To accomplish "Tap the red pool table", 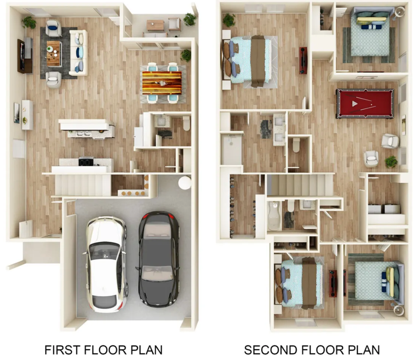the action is pyautogui.click(x=365, y=103).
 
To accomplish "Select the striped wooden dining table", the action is pyautogui.click(x=162, y=83).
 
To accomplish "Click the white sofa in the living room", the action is pyautogui.click(x=78, y=53).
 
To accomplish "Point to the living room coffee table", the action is pyautogui.click(x=54, y=54).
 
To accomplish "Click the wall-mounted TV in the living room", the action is pyautogui.click(x=21, y=56).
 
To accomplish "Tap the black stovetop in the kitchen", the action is pyautogui.click(x=86, y=161).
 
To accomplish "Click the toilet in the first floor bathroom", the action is pyautogui.click(x=187, y=123).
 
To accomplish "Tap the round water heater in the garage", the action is pyautogui.click(x=185, y=182).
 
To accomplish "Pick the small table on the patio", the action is pyautogui.click(x=155, y=26).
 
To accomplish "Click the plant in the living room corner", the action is pyautogui.click(x=29, y=22).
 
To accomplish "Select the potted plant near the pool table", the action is pyautogui.click(x=391, y=161).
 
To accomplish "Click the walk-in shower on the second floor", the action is pyautogui.click(x=231, y=149).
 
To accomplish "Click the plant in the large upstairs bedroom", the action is pyautogui.click(x=229, y=20).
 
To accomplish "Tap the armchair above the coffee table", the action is pyautogui.click(x=54, y=28).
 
